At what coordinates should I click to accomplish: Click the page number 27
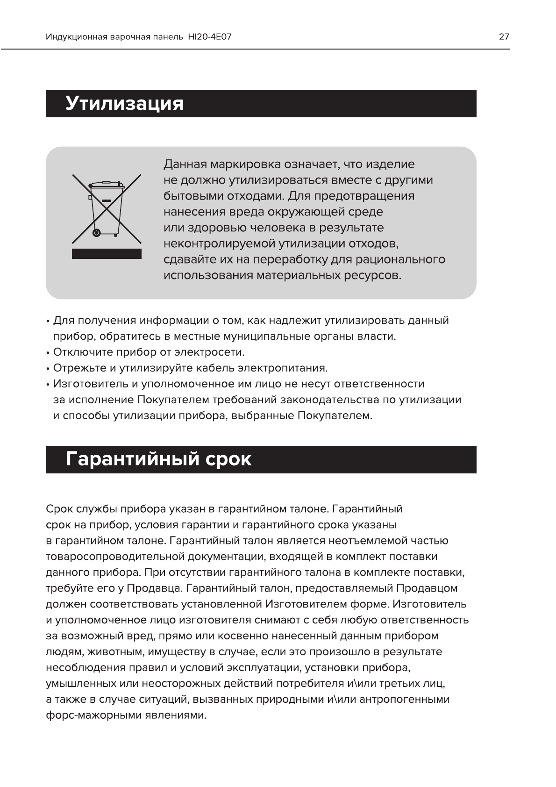504,36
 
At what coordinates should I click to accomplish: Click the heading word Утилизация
124,103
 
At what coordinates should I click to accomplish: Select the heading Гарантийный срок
158,459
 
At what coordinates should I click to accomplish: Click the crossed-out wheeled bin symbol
107,208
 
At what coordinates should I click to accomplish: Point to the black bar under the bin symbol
107,254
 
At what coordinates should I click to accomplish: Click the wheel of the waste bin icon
97,232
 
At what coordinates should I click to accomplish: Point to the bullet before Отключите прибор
48,353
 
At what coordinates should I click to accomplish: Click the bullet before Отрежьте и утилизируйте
48,369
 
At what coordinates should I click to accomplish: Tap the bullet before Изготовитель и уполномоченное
48,385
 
